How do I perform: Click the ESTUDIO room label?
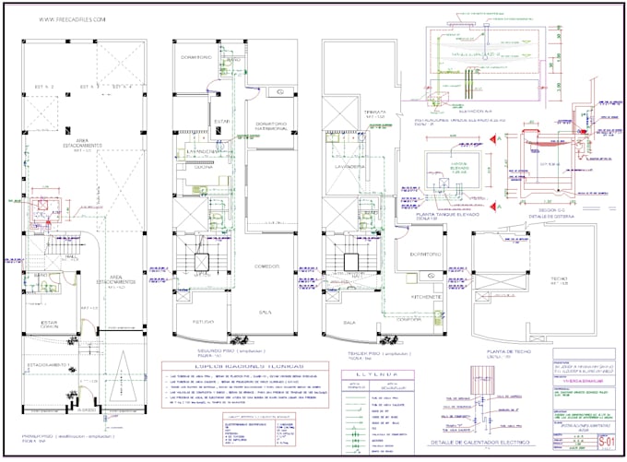203,322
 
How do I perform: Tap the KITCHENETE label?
429,297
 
